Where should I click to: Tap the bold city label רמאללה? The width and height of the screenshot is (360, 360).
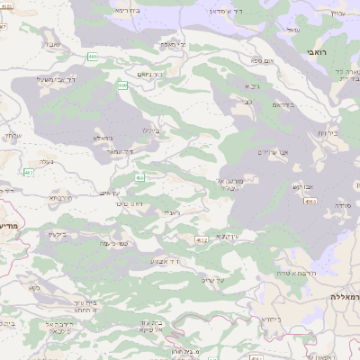(342, 296)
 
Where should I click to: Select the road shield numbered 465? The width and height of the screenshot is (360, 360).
(93, 57)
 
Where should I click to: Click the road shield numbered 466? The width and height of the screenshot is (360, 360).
(310, 202)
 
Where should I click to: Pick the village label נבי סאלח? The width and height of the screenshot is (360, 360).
(173, 43)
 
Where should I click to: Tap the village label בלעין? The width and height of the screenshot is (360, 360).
(56, 235)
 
